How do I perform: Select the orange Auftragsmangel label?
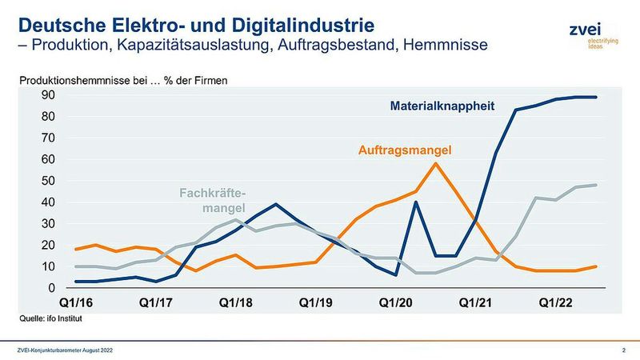coord(405,150)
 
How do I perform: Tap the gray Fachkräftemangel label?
coord(211,201)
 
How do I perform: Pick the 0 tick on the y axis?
coord(50,288)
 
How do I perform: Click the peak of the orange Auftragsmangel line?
coord(435,163)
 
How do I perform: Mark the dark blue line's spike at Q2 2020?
coord(416,202)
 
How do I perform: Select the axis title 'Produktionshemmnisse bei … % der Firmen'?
coord(124,81)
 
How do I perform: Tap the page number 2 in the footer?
coord(623,350)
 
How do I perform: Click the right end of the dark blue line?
coord(595,97)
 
